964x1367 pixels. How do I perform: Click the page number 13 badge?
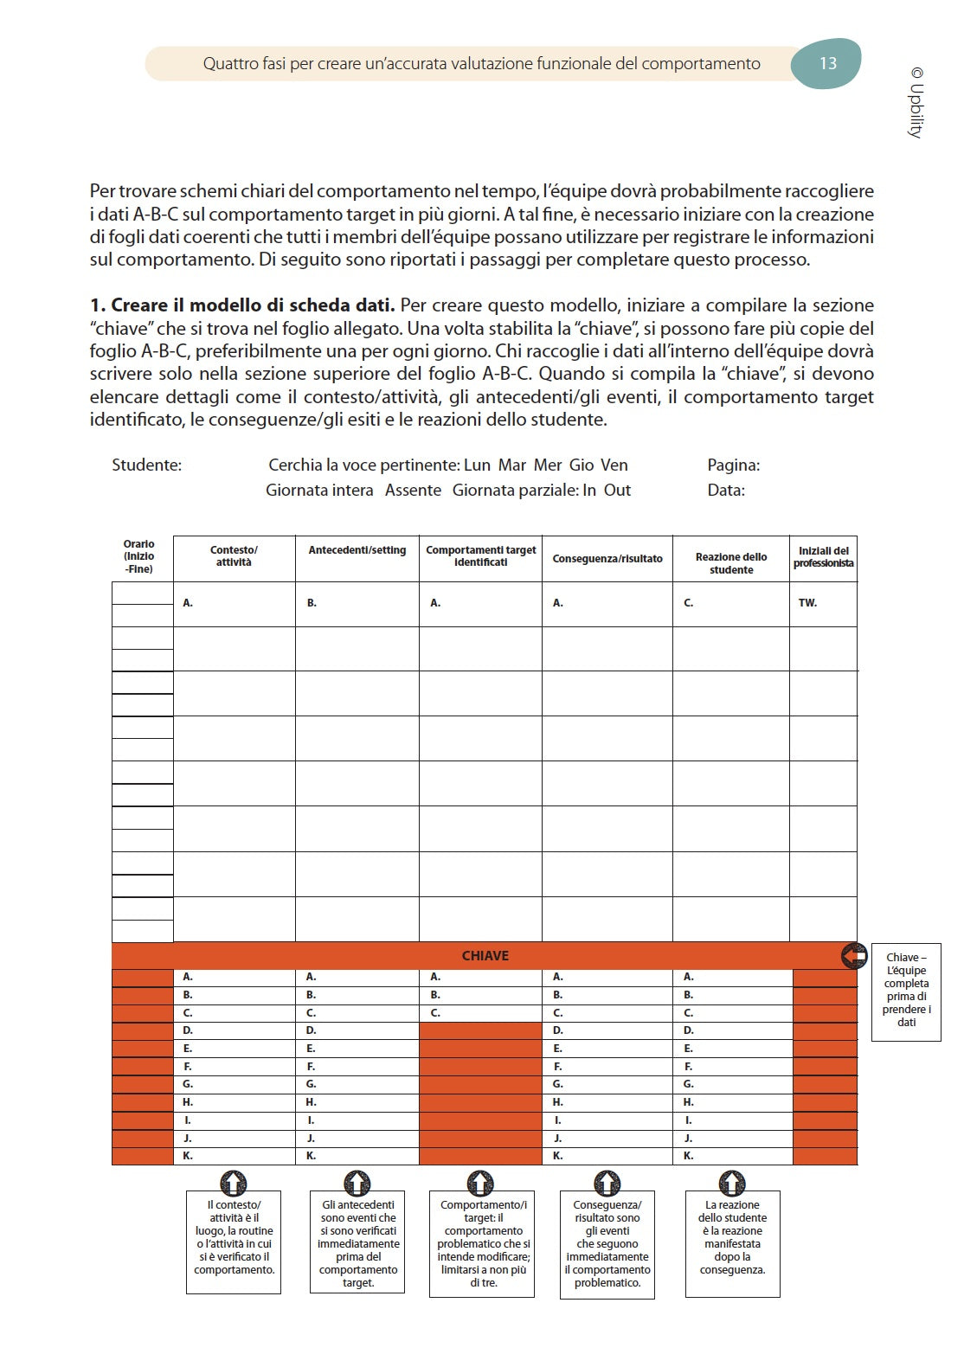coord(826,63)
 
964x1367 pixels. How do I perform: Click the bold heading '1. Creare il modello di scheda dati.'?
coord(242,305)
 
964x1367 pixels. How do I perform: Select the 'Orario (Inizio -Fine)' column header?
coord(138,556)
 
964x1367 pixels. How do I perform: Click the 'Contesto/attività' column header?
coord(234,556)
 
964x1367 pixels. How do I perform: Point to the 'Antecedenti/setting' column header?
coord(357,550)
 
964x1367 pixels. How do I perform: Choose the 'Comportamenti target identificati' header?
coord(480,556)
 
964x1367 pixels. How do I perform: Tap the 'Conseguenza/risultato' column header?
coord(607,559)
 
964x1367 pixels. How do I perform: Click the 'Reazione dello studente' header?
coord(731,563)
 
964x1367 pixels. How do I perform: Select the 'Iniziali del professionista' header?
coord(823,557)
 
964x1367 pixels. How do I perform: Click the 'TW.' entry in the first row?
coord(807,603)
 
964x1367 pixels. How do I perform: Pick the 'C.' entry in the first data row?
coord(689,603)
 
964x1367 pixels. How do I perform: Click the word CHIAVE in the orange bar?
coord(485,956)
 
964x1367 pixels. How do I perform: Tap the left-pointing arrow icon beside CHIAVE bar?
coord(854,956)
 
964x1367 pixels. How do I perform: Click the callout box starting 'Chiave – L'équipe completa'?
coord(906,991)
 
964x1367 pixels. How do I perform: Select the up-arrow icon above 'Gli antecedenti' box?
coord(357,1183)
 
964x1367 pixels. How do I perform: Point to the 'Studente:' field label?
coord(146,465)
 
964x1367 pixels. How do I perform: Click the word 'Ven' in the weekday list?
coord(614,465)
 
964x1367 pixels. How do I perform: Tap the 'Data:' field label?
coord(725,491)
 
